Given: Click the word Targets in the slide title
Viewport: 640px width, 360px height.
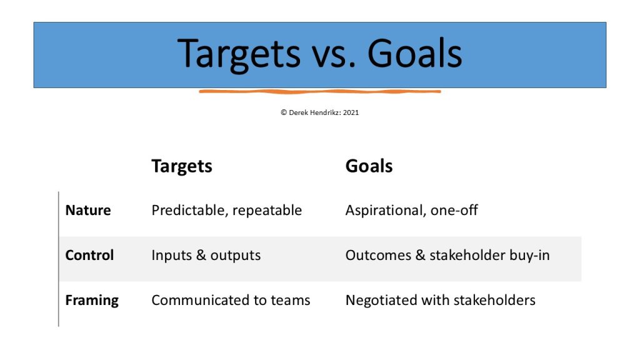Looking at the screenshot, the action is point(239,54).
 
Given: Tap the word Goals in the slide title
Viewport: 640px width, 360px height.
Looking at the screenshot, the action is point(415,53).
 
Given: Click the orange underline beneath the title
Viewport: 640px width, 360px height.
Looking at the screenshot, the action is point(320,91).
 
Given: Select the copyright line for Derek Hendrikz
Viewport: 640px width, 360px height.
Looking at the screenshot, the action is point(319,112).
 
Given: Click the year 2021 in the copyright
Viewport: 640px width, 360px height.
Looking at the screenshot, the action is point(351,112).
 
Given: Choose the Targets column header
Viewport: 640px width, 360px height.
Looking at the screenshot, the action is point(182,166).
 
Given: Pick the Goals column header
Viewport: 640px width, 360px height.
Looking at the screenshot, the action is point(369,166).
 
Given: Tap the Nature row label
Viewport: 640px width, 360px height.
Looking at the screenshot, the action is point(88,210).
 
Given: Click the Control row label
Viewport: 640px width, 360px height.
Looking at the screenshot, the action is point(89,255).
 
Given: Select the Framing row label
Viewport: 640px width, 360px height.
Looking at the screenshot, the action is point(92,301).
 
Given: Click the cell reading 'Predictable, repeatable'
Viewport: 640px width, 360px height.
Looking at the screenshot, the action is point(226,211).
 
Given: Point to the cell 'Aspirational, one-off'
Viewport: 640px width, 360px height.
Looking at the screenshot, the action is point(411,211).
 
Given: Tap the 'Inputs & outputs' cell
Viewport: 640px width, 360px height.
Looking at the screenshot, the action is point(206,256).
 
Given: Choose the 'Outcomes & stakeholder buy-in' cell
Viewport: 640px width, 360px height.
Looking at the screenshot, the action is point(447,256).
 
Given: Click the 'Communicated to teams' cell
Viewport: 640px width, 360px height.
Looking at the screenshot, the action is point(231,301).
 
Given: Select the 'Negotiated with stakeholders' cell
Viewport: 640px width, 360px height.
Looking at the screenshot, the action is point(441,301).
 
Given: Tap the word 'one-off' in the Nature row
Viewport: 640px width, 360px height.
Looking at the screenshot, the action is point(454,210).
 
